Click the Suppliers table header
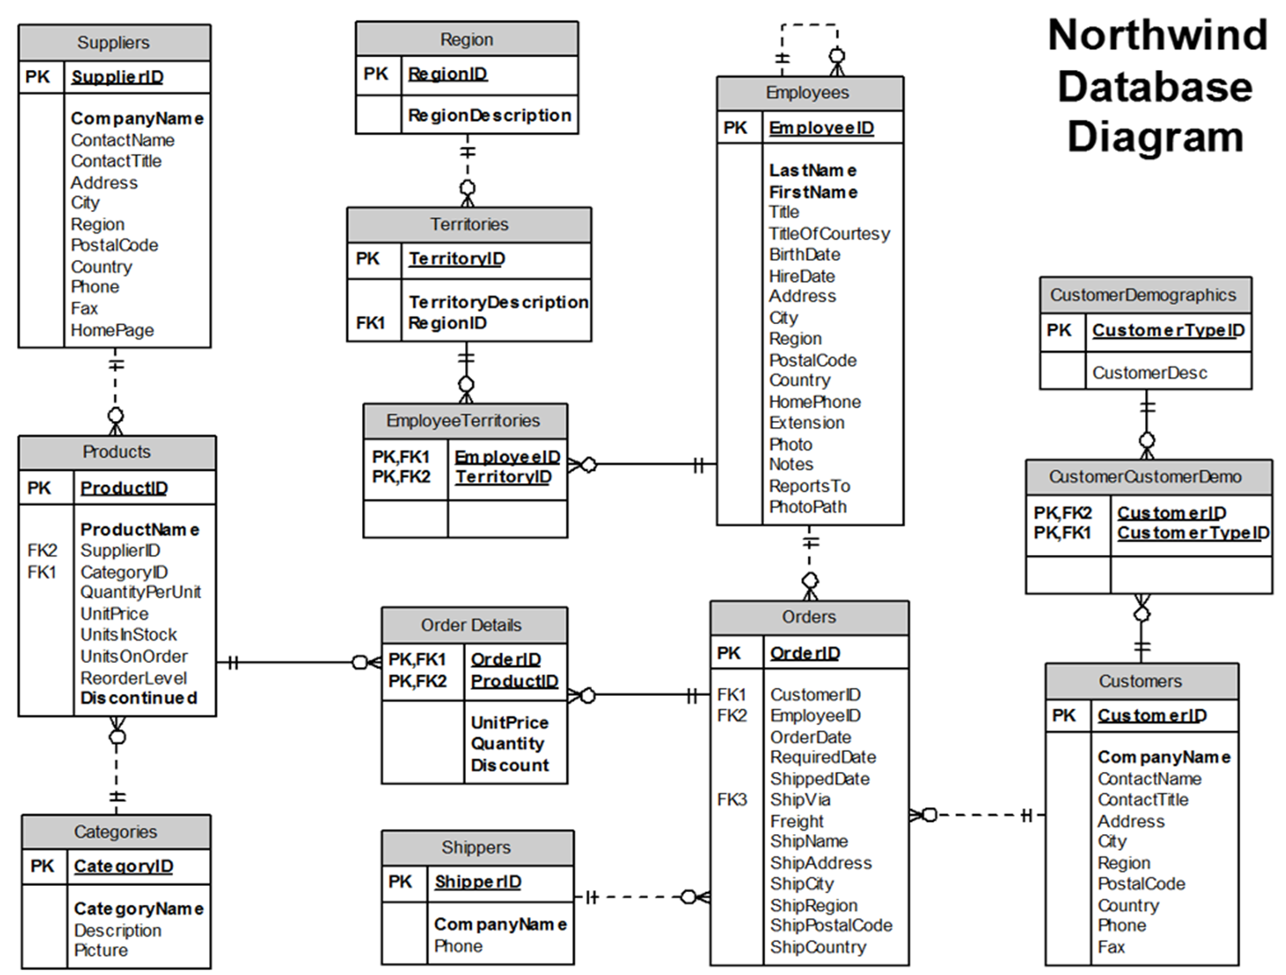pos(113,42)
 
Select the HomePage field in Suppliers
pos(112,330)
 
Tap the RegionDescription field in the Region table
pos(489,115)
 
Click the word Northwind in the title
pos(1157,35)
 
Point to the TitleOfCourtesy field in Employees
pos(829,233)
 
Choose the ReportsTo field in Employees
pos(809,486)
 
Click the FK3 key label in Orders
pos(731,800)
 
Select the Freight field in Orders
pos(796,821)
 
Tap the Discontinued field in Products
pos(138,698)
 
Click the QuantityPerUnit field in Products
pos(140,592)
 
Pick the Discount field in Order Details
pos(509,765)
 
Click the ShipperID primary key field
pos(477,882)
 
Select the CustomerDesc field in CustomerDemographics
pos(1149,373)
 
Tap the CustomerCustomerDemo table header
pos(1144,476)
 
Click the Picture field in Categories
pos(101,950)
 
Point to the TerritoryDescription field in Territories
pos(498,302)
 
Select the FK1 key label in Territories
pos(370,322)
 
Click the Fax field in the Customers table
pos(1111,946)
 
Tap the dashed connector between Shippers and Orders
pos(640,897)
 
